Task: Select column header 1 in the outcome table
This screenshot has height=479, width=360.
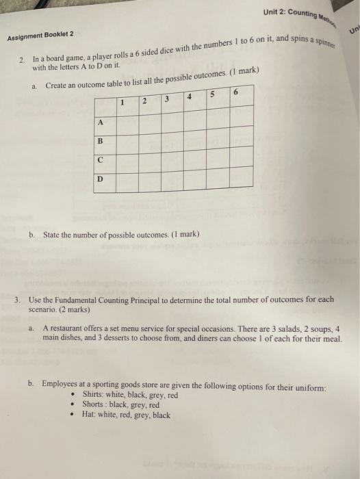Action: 120,104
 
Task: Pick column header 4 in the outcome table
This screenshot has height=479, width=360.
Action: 188,97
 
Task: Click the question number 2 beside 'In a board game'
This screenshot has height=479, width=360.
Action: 23,62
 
